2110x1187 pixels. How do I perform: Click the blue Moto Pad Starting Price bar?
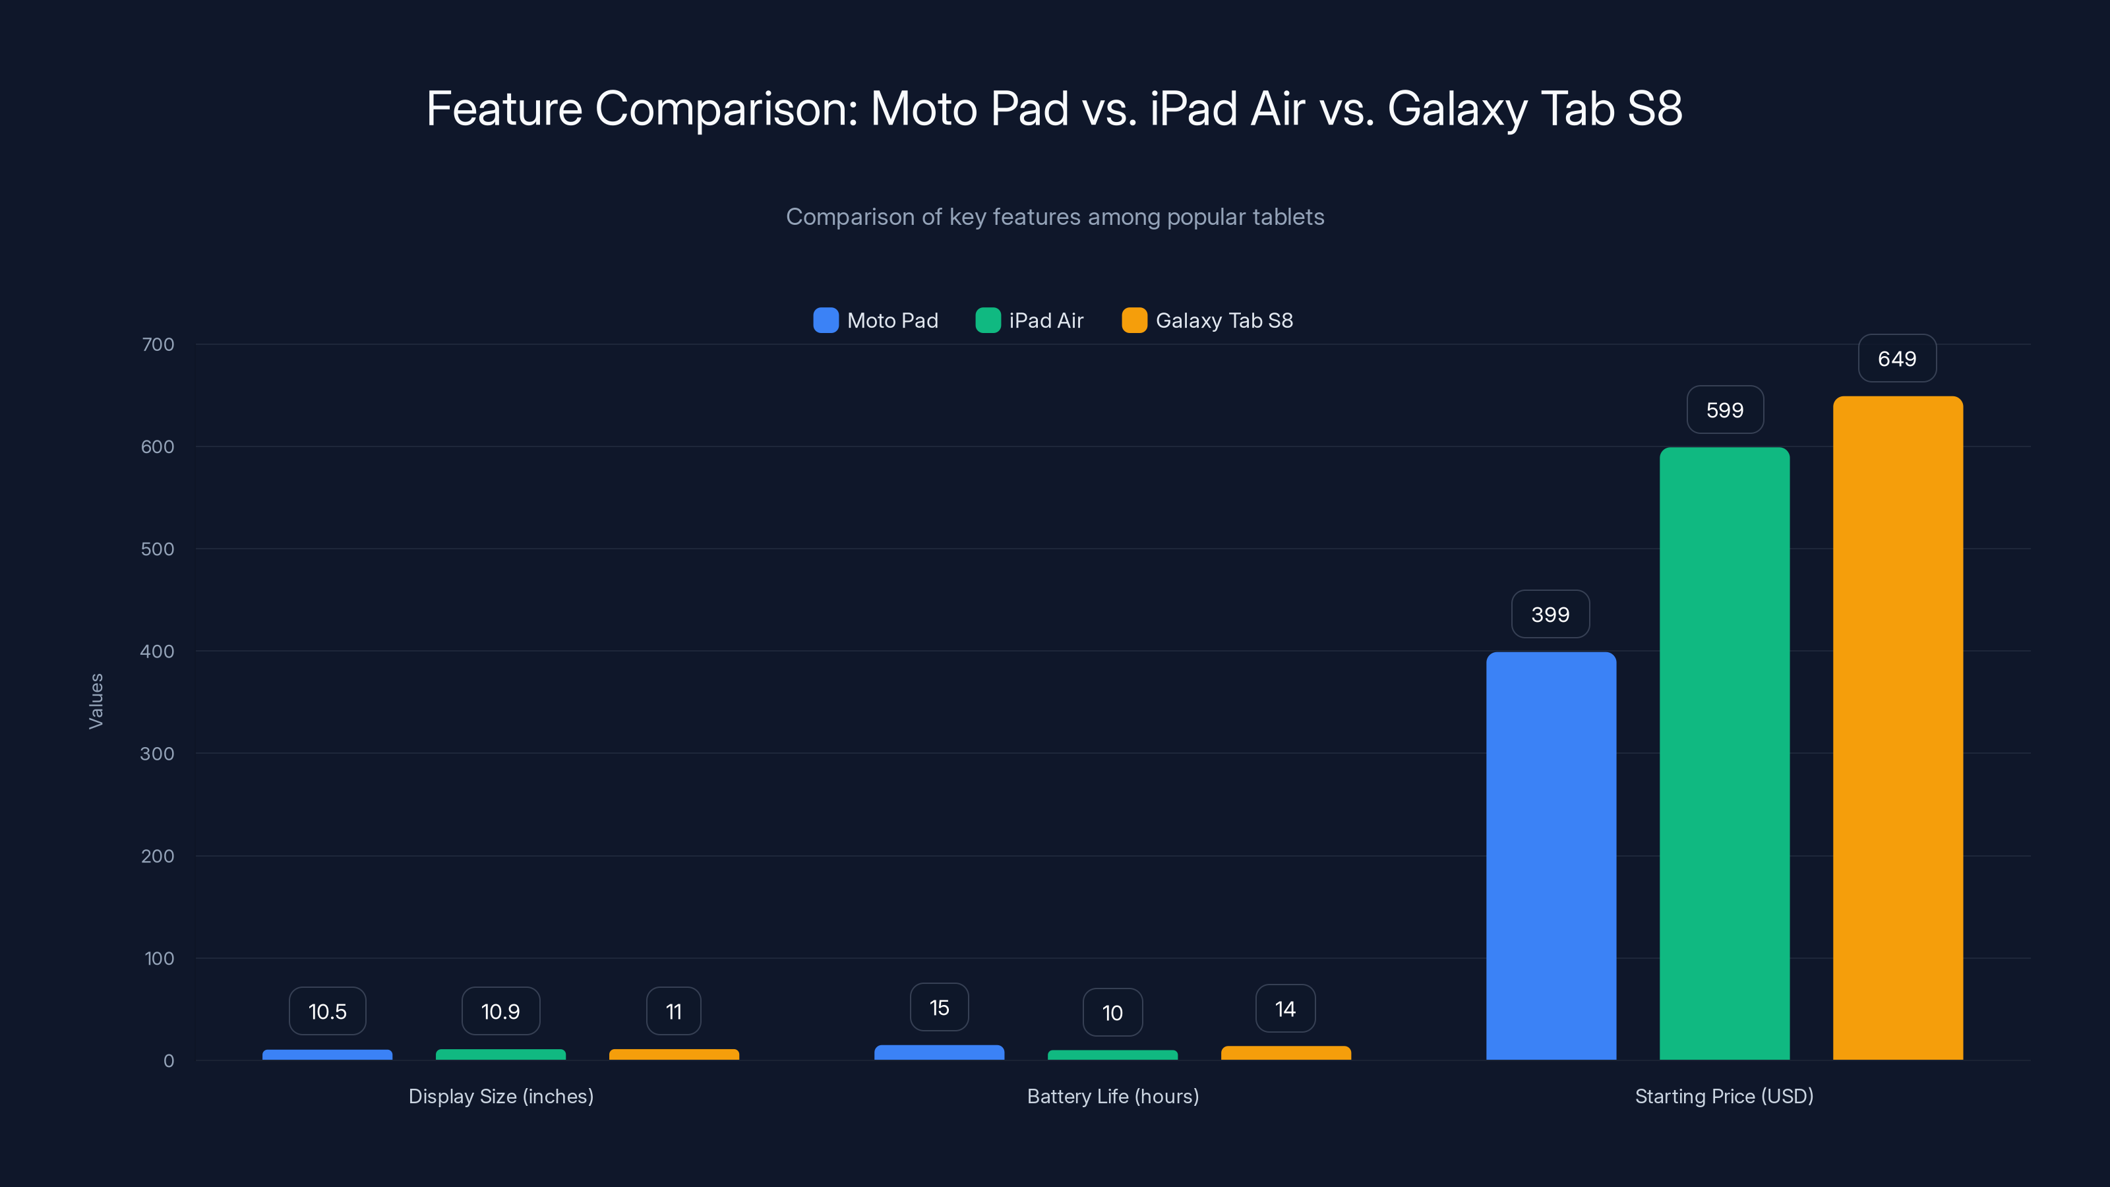click(x=1551, y=856)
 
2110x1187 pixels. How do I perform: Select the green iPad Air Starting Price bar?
click(x=1724, y=754)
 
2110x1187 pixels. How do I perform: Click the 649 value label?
click(x=1897, y=359)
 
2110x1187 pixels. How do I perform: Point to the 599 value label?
click(x=1724, y=410)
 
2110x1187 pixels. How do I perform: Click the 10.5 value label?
click(x=328, y=1012)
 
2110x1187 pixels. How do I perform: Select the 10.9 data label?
click(x=500, y=1012)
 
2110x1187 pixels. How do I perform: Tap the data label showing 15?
click(x=940, y=1008)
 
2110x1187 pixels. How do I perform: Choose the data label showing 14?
click(x=1285, y=1009)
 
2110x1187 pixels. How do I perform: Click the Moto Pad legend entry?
click(x=876, y=320)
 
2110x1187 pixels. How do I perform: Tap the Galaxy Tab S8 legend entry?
click(x=1207, y=320)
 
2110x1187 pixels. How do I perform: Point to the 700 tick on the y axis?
click(x=158, y=345)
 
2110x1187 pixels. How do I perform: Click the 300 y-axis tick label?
click(x=158, y=754)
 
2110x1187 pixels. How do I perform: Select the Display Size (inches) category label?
click(x=500, y=1096)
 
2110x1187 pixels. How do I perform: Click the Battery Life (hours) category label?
click(x=1112, y=1096)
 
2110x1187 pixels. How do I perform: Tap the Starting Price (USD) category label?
click(x=1724, y=1096)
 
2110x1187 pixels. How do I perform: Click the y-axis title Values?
click(x=96, y=701)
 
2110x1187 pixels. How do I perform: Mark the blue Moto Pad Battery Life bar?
click(x=940, y=1052)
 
